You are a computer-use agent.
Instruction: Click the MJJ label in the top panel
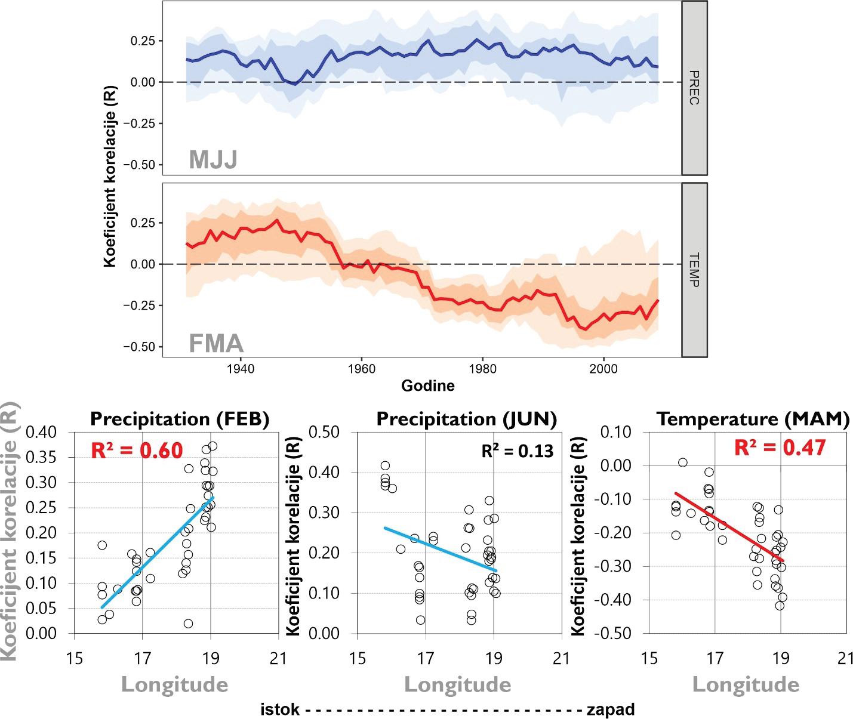click(x=213, y=159)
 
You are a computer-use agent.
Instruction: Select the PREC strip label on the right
click(x=694, y=88)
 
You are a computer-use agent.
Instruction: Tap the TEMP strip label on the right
click(x=694, y=270)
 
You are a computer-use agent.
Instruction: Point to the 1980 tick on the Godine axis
click(x=483, y=369)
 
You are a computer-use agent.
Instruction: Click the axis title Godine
click(x=427, y=386)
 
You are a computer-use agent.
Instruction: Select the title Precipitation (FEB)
click(x=180, y=419)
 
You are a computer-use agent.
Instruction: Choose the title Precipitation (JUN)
click(x=467, y=419)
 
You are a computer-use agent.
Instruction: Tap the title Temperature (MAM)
click(x=753, y=419)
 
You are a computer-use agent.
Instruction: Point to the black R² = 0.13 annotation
click(x=518, y=450)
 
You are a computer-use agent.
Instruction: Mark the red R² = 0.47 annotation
click(x=780, y=448)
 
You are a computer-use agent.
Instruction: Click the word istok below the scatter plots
click(x=280, y=710)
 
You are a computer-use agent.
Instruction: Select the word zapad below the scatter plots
click(x=610, y=710)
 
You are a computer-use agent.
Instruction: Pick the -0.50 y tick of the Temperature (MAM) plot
click(x=612, y=633)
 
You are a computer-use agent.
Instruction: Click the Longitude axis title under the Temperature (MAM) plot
click(x=745, y=684)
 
